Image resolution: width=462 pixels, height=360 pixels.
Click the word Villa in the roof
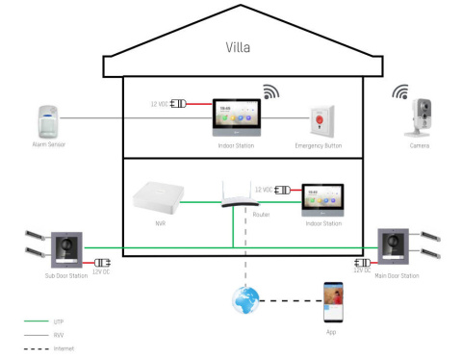tap(239, 47)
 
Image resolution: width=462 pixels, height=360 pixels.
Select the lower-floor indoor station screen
tap(322, 200)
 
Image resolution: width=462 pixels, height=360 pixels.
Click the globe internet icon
tap(245, 299)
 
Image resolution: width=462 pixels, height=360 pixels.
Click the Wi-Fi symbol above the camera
tap(400, 92)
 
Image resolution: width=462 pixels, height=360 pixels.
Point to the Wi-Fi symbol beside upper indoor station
tap(271, 92)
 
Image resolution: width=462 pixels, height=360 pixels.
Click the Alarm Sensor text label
tap(47, 145)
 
